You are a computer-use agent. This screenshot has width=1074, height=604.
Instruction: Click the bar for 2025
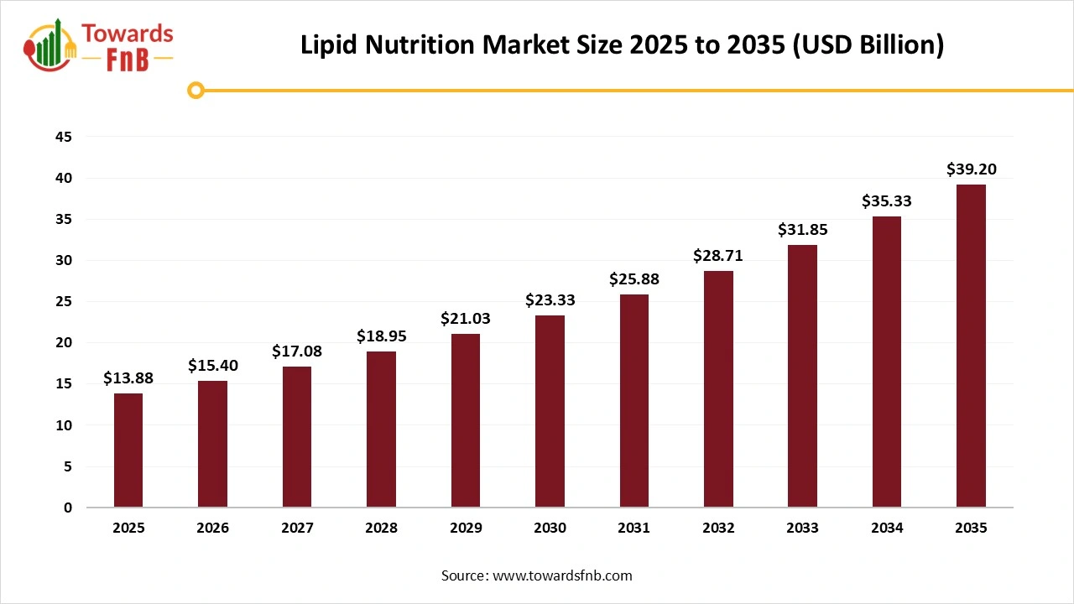click(128, 450)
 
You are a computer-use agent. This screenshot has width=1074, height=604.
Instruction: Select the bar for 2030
click(550, 411)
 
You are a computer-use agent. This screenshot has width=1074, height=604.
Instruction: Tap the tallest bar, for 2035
click(971, 346)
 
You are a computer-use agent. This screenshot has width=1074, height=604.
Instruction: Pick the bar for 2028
click(381, 430)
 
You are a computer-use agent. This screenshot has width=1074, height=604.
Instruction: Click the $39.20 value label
click(971, 169)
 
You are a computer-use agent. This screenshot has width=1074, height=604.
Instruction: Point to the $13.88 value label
click(128, 378)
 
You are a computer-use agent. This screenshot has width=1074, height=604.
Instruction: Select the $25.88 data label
click(634, 279)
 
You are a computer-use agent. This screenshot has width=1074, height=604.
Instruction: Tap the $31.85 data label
click(802, 230)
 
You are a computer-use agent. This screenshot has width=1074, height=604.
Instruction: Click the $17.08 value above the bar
click(297, 351)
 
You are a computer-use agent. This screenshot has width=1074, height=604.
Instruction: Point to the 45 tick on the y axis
click(64, 137)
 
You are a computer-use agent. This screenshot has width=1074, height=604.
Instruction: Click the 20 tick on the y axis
click(64, 343)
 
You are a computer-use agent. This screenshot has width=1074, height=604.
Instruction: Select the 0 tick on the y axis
click(68, 508)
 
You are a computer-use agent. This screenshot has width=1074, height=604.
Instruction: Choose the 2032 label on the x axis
click(718, 528)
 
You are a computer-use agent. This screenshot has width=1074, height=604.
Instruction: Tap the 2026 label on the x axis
click(212, 528)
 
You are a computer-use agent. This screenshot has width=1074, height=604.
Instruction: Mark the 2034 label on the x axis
click(887, 528)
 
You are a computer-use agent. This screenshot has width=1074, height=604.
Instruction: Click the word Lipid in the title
click(330, 45)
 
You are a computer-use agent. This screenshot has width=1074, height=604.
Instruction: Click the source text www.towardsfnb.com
click(561, 575)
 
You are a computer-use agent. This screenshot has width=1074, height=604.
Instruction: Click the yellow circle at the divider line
click(196, 90)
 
